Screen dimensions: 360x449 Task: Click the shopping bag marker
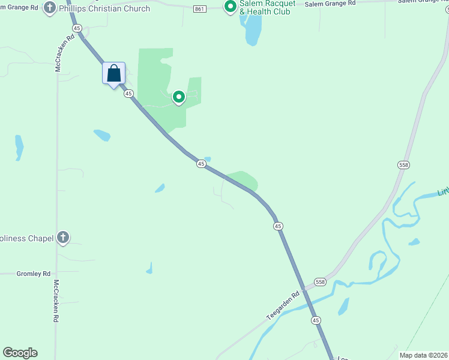pyautogui.click(x=114, y=74)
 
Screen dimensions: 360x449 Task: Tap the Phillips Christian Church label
pyautogui.click(x=104, y=9)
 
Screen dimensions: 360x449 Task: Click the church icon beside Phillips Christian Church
pyautogui.click(x=50, y=9)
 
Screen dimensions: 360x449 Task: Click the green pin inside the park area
pyautogui.click(x=178, y=97)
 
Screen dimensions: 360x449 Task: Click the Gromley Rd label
pyautogui.click(x=34, y=274)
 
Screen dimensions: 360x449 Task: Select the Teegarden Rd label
pyautogui.click(x=283, y=306)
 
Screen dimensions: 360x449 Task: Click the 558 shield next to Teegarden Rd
pyautogui.click(x=320, y=282)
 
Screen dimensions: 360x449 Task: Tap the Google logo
pyautogui.click(x=20, y=353)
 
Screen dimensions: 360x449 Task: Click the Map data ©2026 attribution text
pyautogui.click(x=423, y=355)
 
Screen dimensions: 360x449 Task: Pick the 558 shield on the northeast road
pyautogui.click(x=403, y=164)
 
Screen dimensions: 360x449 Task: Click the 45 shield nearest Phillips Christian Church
pyautogui.click(x=76, y=28)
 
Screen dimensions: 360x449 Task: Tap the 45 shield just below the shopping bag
pyautogui.click(x=128, y=94)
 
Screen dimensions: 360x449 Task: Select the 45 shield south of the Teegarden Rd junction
pyautogui.click(x=316, y=321)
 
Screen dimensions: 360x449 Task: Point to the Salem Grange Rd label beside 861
pyautogui.click(x=330, y=4)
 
